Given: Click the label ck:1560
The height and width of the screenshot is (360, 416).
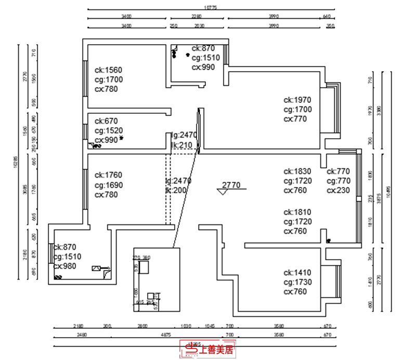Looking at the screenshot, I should coord(108,70).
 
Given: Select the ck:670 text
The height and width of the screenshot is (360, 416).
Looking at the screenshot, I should coord(106,121).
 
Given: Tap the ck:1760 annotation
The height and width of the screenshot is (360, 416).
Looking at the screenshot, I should coord(108,175).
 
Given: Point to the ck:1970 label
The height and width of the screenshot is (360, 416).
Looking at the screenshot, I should coord(297,100).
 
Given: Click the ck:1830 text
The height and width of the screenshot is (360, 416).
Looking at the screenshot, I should coord(297,171).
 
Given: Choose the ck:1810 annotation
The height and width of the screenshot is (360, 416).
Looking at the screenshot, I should coord(297,212).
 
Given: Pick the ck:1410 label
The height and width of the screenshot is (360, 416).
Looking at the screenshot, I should coord(297,272).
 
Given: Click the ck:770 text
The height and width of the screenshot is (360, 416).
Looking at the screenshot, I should coord(338,171).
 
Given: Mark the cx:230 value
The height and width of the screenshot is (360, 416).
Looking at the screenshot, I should coord(338,190).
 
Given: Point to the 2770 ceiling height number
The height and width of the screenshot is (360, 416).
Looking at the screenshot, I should coord(230,184).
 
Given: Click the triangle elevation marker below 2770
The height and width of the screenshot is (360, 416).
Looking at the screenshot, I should coord(224,192).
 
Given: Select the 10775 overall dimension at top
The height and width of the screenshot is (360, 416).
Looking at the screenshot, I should coord(211,8).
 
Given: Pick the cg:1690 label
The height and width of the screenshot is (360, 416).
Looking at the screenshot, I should coord(108,185).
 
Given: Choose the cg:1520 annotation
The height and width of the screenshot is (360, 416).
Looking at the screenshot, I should coord(108,130).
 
